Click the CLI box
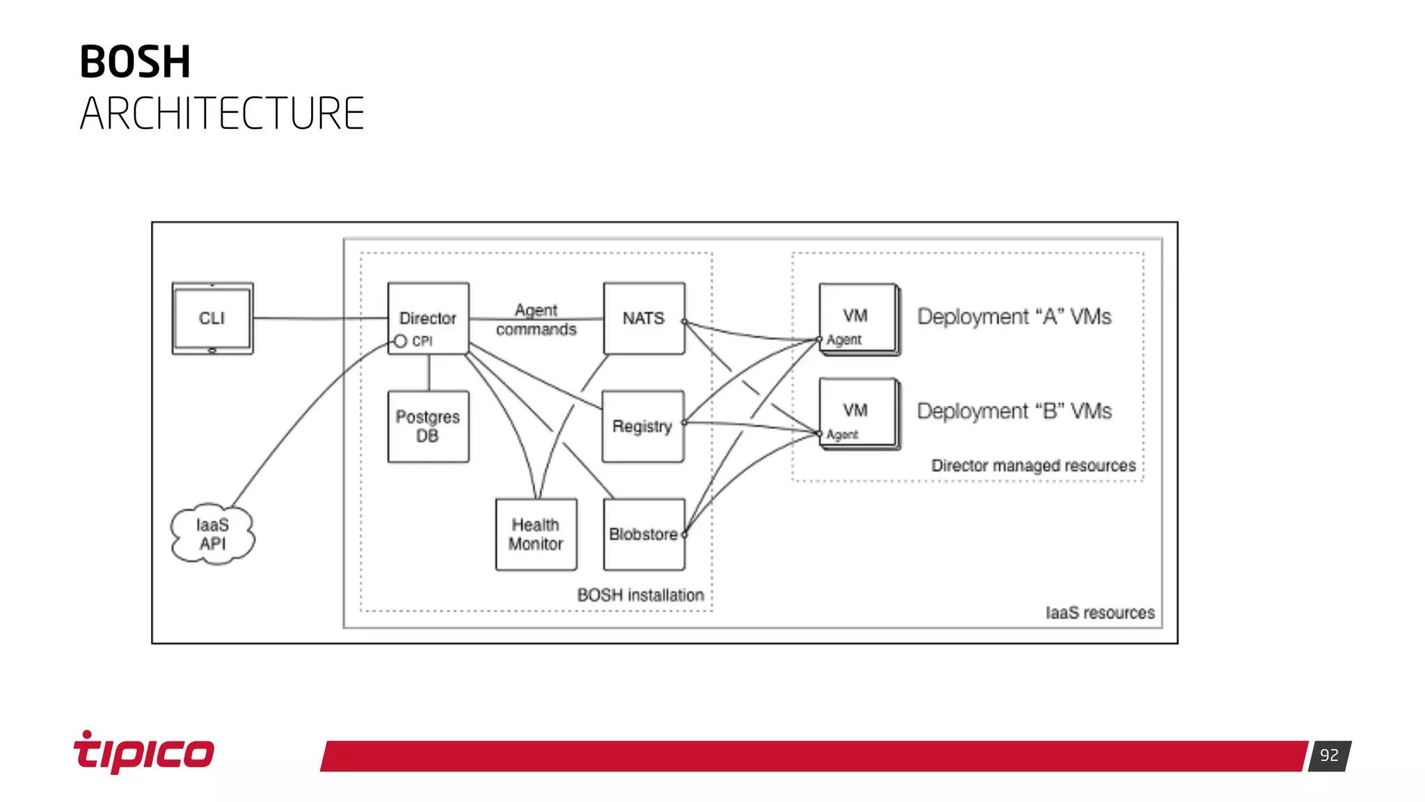(212, 318)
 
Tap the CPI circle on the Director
(400, 341)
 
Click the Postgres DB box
(428, 426)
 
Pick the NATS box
(644, 318)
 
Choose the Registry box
(642, 426)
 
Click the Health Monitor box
(536, 534)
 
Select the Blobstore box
(644, 534)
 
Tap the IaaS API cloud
(212, 534)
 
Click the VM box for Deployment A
(857, 317)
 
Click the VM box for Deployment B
(857, 411)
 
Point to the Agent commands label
(536, 320)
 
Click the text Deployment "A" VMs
(1014, 317)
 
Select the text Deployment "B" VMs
(1014, 411)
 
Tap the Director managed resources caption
(1033, 465)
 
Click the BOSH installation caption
(640, 595)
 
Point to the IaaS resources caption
(1099, 613)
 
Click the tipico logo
(144, 753)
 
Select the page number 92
(1329, 755)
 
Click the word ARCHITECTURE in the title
(222, 113)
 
